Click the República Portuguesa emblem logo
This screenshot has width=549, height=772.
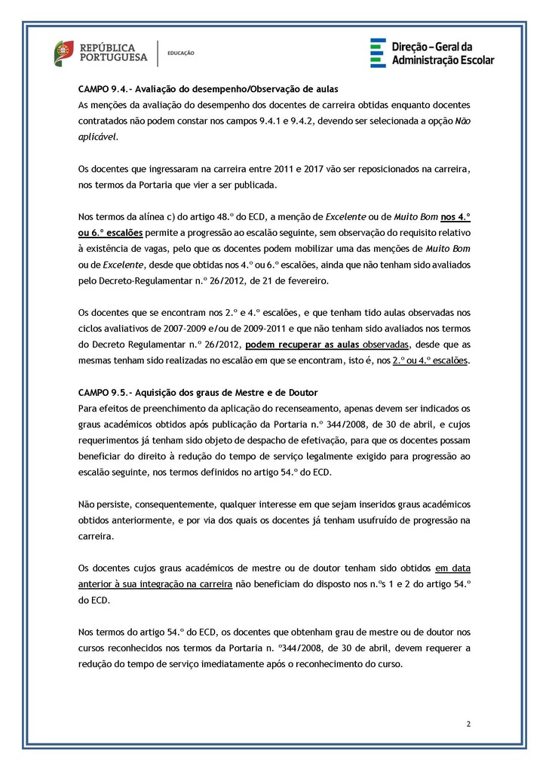point(63,52)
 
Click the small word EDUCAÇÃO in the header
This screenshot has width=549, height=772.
point(181,53)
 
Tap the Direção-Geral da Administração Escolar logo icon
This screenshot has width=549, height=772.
point(377,53)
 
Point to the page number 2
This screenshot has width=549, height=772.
point(468,725)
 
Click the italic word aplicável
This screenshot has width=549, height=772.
point(98,138)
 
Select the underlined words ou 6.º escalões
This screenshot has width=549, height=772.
point(112,233)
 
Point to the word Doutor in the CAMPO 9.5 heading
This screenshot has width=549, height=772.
point(301,393)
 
